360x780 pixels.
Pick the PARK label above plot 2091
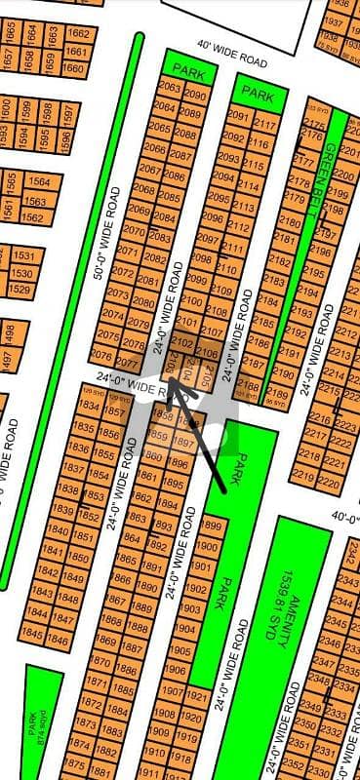[x=258, y=94]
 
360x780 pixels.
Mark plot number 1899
[x=206, y=526]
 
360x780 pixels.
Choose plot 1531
[x=22, y=255]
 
